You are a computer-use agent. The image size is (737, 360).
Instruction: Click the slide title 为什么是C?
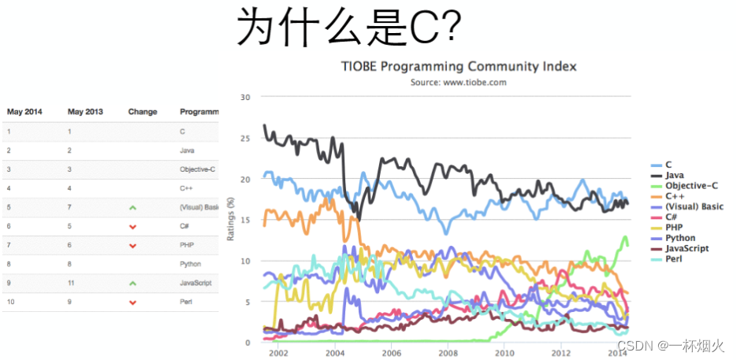(348, 28)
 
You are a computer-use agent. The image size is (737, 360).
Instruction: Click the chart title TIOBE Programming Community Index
(458, 66)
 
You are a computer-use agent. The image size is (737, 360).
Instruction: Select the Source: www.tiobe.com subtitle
(458, 82)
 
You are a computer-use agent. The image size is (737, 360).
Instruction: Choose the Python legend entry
(680, 238)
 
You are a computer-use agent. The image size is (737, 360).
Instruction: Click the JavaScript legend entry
(686, 248)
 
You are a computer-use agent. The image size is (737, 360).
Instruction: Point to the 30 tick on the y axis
(244, 98)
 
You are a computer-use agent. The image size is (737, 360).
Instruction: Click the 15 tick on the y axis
(244, 220)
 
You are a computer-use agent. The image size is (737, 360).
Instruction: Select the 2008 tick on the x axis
(448, 354)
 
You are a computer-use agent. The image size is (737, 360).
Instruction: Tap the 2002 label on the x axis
(277, 354)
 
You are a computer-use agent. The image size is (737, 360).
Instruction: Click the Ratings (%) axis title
(232, 220)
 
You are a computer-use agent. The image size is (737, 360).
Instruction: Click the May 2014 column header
(24, 112)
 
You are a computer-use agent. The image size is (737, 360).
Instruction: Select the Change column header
(143, 112)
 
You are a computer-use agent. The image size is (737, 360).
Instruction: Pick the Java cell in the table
(187, 150)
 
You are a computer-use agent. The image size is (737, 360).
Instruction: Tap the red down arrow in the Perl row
(132, 302)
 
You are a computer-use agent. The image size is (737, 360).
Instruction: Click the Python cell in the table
(190, 264)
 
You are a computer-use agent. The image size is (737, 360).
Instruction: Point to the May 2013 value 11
(70, 283)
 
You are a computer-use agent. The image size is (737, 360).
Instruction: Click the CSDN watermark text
(670, 346)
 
